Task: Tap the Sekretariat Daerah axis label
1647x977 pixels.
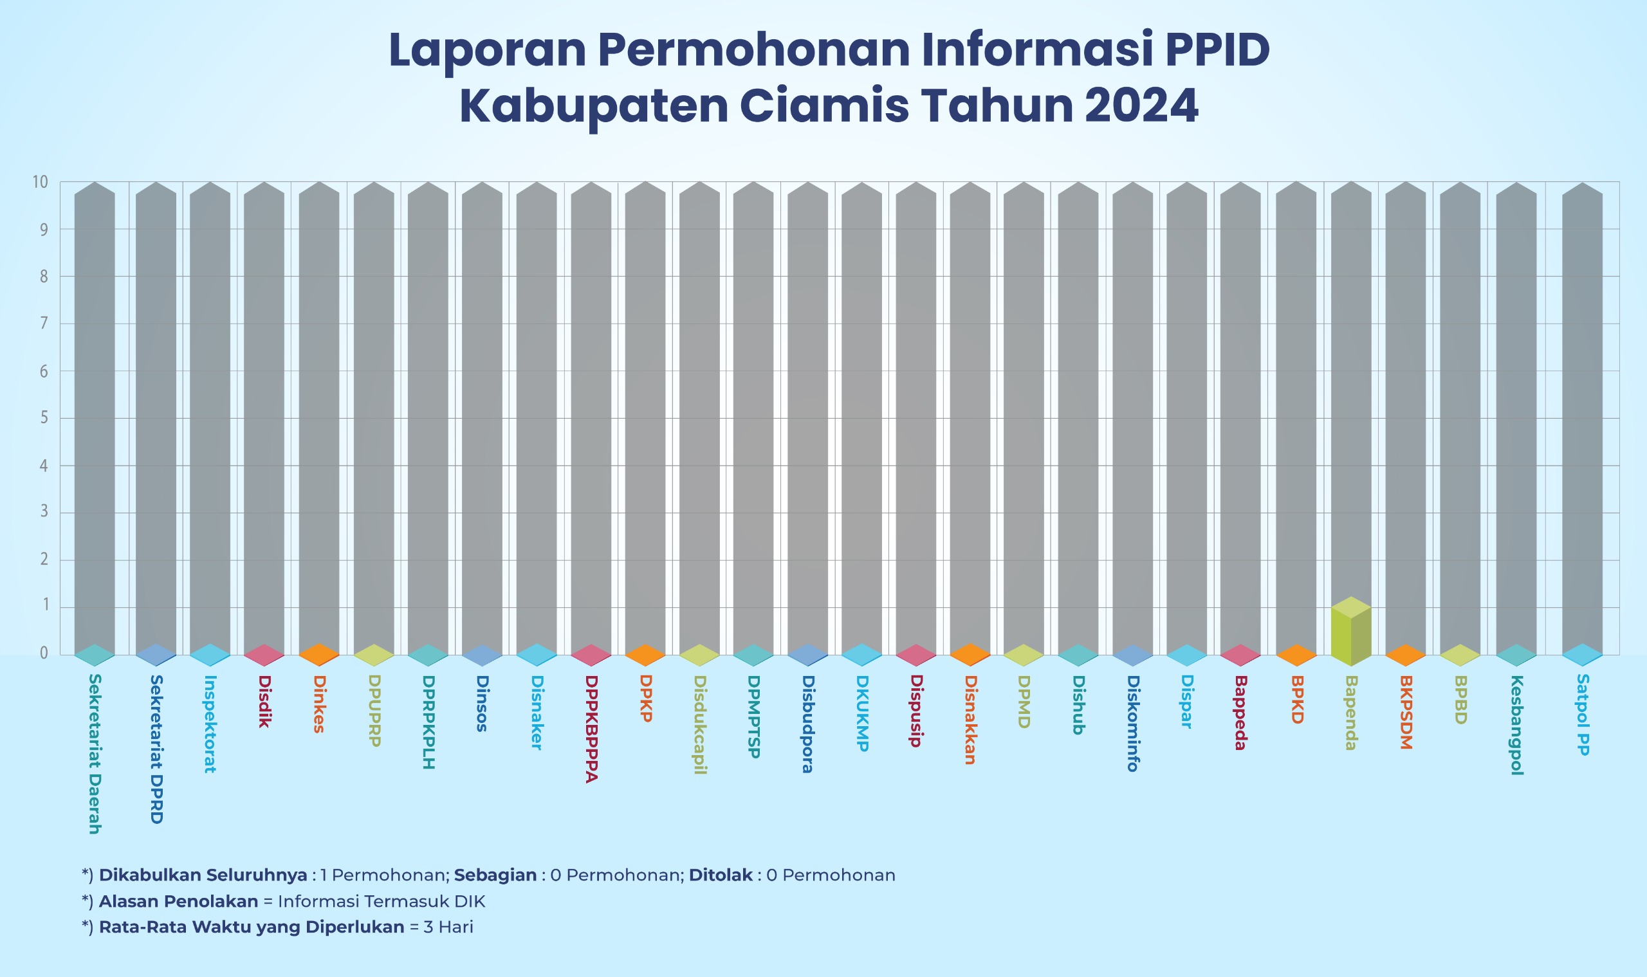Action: [x=94, y=753]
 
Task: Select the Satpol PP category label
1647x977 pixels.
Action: [x=1583, y=715]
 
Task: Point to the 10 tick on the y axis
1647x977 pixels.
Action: [x=41, y=183]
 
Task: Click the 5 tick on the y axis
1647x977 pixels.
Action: [x=44, y=418]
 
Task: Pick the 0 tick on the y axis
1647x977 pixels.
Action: [x=44, y=652]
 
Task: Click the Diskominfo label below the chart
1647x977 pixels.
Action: [x=1132, y=723]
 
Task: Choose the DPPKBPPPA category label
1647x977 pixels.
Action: [x=591, y=728]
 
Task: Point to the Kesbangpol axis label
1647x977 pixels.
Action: [x=1516, y=725]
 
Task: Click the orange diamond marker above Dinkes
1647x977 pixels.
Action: [x=318, y=654]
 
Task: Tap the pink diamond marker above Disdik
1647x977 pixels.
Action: [x=264, y=655]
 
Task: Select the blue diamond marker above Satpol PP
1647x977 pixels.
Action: [x=1582, y=654]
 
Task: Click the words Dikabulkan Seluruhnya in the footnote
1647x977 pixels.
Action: [x=203, y=875]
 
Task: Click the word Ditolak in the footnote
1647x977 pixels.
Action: [x=721, y=875]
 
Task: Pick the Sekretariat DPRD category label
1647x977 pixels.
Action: [x=156, y=749]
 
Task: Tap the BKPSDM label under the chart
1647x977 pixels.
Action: [x=1405, y=713]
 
